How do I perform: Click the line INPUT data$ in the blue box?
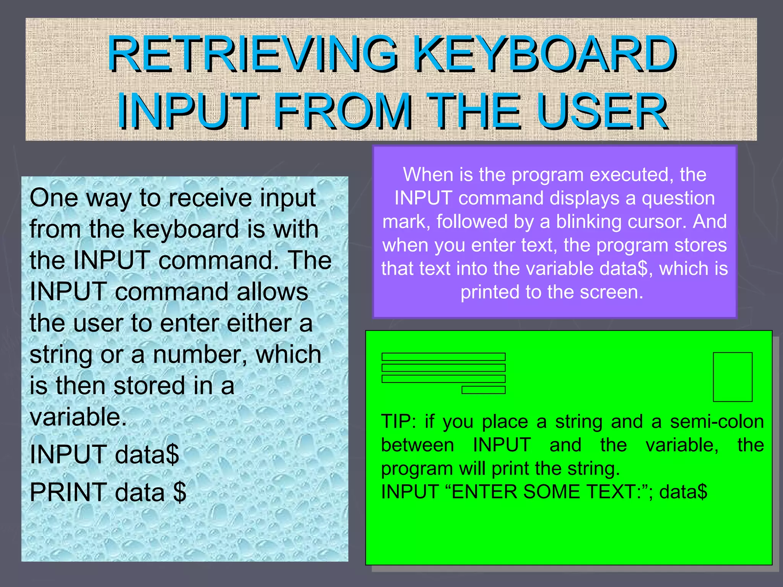104,455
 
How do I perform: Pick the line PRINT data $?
108,492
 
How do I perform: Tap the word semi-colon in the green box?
717,422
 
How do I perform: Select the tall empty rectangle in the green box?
733,377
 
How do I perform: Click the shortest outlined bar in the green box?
483,390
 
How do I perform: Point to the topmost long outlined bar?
443,357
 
